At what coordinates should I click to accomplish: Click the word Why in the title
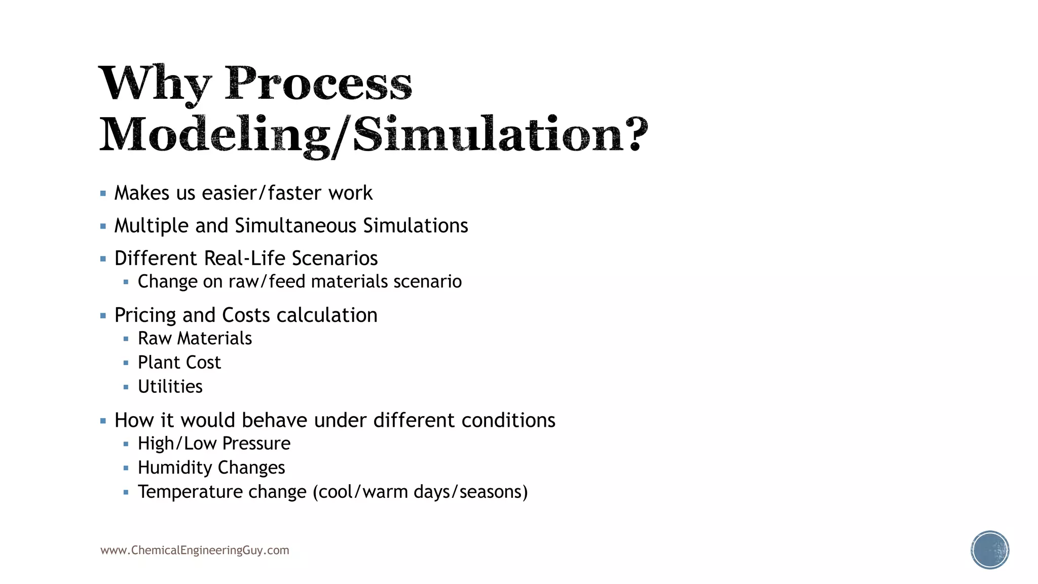click(x=155, y=84)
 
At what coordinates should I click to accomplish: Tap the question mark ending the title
click(x=634, y=134)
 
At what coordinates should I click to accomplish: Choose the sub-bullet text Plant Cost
click(x=179, y=362)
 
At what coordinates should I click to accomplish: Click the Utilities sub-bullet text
click(x=170, y=387)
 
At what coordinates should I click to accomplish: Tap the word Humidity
click(x=175, y=467)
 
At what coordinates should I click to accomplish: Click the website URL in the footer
click(x=195, y=551)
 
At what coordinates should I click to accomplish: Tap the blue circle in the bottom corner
click(x=990, y=550)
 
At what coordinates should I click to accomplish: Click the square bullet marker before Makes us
click(x=103, y=193)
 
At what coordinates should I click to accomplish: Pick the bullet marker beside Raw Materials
click(x=126, y=339)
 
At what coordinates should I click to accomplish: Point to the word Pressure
click(x=256, y=444)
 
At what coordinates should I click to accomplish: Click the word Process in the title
click(x=318, y=84)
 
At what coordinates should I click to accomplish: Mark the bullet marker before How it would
click(x=103, y=421)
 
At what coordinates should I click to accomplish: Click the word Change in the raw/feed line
click(x=167, y=281)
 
